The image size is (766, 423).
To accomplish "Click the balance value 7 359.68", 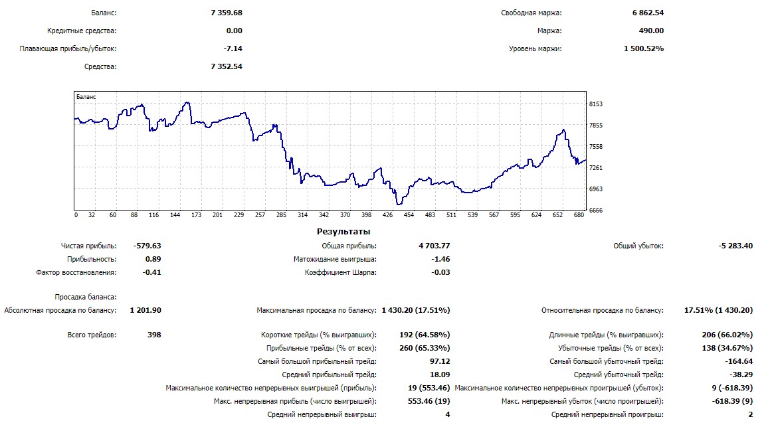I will [227, 13].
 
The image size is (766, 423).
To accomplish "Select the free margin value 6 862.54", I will [648, 13].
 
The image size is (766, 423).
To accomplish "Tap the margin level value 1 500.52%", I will [644, 48].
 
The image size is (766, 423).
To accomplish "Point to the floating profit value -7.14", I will [233, 48].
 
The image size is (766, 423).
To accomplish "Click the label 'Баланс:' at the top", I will [103, 13].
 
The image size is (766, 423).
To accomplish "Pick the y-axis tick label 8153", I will [596, 104].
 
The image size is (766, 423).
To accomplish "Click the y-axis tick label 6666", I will [596, 211].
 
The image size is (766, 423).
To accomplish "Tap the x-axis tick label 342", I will [324, 215].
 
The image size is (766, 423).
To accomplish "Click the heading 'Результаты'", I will [343, 232].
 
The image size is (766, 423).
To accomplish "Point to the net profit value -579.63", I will [147, 246].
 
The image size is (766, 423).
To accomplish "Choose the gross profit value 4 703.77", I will [434, 246].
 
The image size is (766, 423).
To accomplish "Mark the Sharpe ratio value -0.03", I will [440, 272].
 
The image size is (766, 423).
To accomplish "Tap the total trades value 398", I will [153, 335].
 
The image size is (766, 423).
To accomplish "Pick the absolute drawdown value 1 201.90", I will [145, 310].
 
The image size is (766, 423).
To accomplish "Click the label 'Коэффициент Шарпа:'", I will [341, 272].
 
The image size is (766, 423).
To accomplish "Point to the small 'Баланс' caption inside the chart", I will [86, 97].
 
